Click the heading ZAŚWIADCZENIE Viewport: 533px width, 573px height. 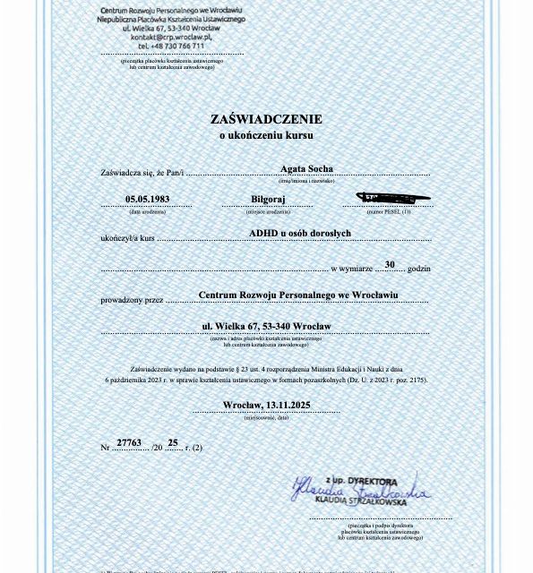tap(266, 119)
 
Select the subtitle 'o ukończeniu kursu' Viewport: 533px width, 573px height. tap(266, 135)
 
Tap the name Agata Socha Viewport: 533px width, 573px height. tap(306, 168)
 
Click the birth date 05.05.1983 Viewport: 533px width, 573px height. tap(148, 199)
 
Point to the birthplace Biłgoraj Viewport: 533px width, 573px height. tap(268, 200)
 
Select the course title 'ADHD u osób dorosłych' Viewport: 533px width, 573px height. tap(299, 233)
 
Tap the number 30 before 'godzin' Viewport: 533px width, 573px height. tap(390, 264)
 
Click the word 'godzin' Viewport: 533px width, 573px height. tap(418, 269)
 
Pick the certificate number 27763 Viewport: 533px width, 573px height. tap(129, 442)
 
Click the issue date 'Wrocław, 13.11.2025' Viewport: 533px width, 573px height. tap(266, 405)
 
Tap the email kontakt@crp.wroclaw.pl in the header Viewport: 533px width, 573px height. tap(169, 37)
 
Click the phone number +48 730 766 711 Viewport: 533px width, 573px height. tap(170, 46)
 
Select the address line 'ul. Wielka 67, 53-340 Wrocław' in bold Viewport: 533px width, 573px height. tap(266, 326)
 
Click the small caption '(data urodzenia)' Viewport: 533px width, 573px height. tap(148, 212)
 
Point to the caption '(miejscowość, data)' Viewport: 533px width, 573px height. tap(267, 417)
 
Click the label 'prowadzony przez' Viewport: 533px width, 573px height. tap(132, 300)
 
